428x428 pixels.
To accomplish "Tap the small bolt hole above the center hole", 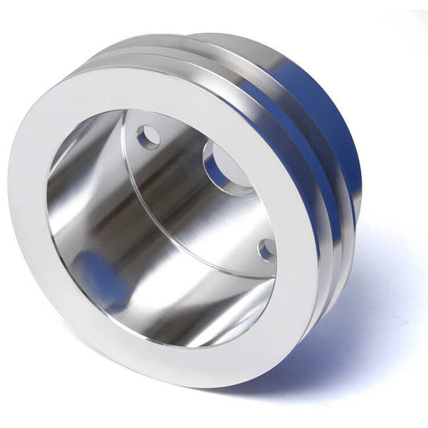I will [x=147, y=136].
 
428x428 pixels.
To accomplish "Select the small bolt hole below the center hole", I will [x=267, y=249].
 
